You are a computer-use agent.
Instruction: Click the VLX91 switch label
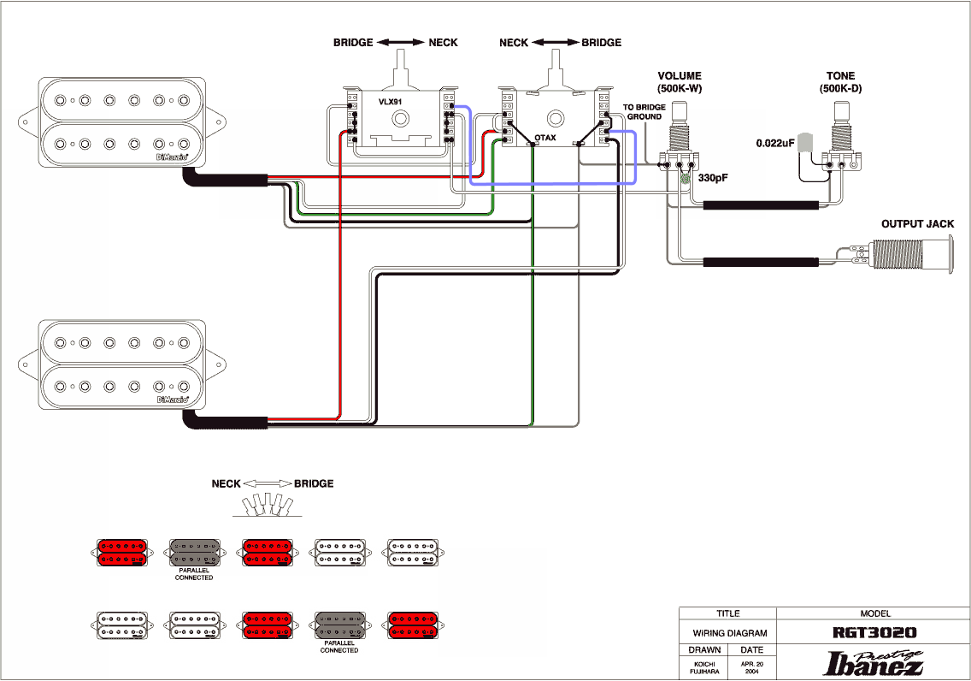pos(390,102)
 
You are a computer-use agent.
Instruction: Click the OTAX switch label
pos(545,138)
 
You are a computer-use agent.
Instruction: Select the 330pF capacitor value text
pos(713,178)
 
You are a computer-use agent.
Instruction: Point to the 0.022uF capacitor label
pos(774,143)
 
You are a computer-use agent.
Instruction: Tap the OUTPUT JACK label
pos(917,223)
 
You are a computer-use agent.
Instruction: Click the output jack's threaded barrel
pos(897,255)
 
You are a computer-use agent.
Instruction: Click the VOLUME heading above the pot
pos(680,75)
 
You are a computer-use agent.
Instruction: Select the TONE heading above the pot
pos(840,75)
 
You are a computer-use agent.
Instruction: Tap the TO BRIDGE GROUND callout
pos(644,111)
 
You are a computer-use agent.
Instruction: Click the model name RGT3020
pos(874,633)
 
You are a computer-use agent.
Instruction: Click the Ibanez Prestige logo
pos(874,662)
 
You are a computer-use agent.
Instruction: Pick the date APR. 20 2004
pos(752,667)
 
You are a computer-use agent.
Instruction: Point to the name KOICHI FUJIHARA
pos(704,667)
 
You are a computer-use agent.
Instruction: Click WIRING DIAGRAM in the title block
pos(729,633)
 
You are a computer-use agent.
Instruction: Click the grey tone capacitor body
pos(804,142)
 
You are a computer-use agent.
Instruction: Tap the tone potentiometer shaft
pos(841,111)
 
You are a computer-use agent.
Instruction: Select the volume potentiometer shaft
pos(680,111)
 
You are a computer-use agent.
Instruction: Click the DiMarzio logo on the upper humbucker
pos(172,157)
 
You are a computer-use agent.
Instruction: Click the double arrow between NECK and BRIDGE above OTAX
pos(555,42)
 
